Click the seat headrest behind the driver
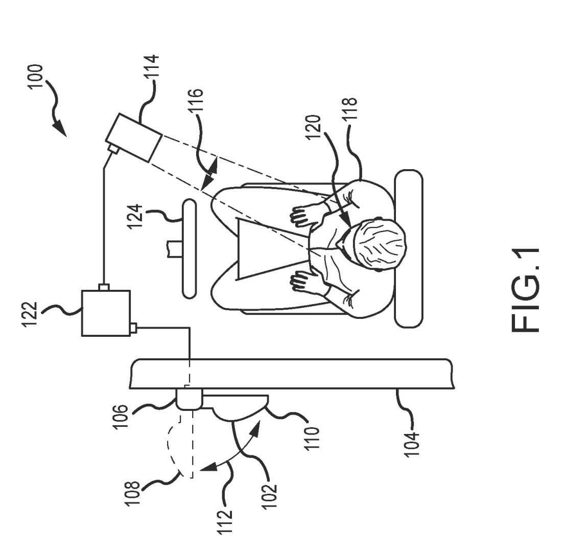pyautogui.click(x=408, y=249)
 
